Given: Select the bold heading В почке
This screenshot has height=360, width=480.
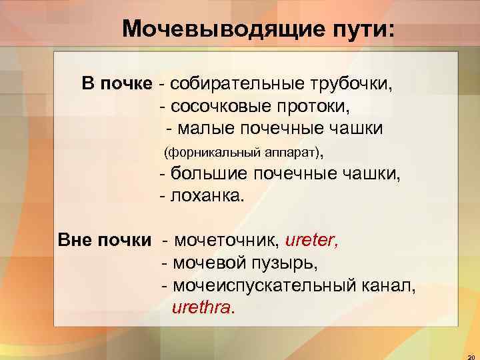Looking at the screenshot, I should click(117, 84).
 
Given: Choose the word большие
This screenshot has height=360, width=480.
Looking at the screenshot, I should click(205, 175).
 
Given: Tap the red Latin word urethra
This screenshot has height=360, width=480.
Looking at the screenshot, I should click(203, 308).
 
